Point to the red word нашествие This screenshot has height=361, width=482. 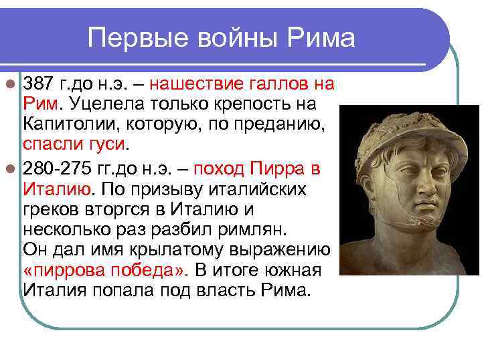coord(193,86)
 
